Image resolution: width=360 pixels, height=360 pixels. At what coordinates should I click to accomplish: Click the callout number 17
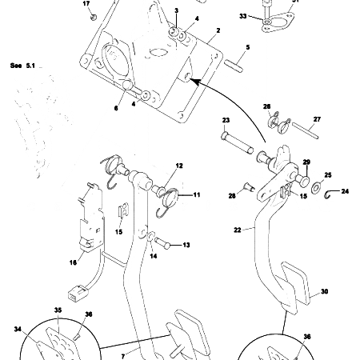(87, 3)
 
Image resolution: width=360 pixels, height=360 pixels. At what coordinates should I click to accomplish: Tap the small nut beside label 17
(94, 15)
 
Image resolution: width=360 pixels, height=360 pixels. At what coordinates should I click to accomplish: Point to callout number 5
(248, 48)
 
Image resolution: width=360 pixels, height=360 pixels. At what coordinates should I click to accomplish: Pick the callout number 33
(243, 15)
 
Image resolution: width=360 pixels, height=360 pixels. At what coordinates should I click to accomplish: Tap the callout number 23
(226, 120)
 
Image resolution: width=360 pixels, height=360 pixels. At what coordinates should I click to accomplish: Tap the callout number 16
(73, 262)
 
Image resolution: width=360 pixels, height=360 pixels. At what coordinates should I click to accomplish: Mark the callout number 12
(179, 166)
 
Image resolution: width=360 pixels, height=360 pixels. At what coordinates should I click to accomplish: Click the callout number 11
(197, 194)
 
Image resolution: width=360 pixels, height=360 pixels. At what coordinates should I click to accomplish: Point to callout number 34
(18, 327)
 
